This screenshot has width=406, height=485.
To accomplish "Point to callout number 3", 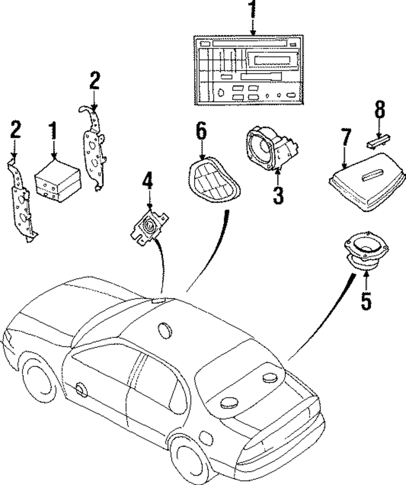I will coord(278,194).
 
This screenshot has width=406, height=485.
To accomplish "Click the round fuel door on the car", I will coord(206,439).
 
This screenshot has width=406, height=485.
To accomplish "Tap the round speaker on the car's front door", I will coord(80,389).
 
